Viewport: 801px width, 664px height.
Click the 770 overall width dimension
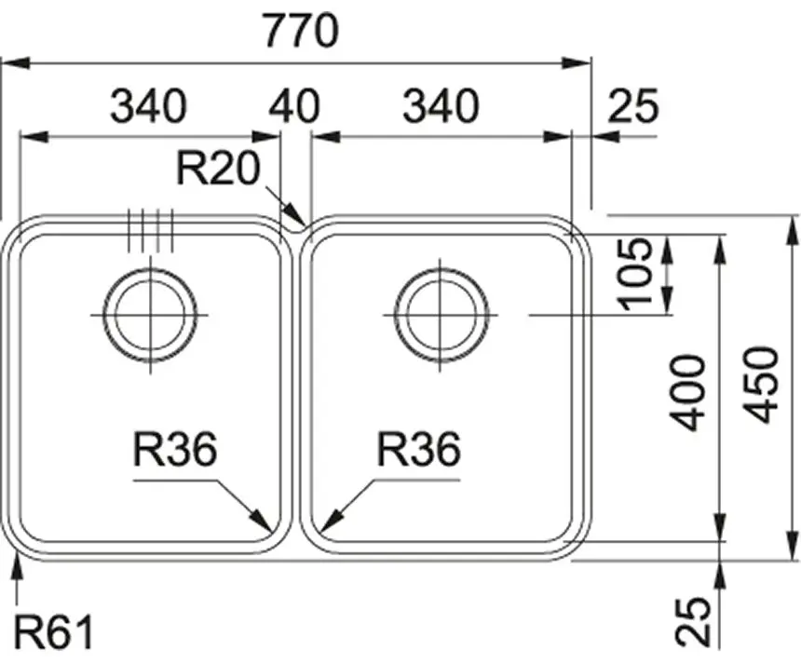point(299,33)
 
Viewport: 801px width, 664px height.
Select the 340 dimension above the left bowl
point(148,107)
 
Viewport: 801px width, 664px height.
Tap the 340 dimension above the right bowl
point(441,107)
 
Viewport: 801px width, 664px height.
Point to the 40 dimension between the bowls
point(294,107)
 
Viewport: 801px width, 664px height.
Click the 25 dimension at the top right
point(633,107)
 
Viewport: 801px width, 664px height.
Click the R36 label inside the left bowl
point(175,452)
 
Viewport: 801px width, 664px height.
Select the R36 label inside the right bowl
point(419,452)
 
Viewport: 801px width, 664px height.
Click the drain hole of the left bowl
point(149,315)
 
